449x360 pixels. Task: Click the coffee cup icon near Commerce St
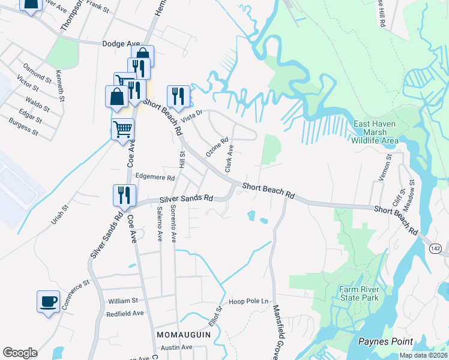coord(48,301)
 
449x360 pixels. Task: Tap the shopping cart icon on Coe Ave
coord(122,128)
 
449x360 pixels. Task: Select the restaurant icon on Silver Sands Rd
coord(125,195)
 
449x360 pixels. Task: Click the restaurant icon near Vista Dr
coord(178,96)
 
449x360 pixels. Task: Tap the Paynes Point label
coord(385,341)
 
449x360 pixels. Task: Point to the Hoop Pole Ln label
coord(248,301)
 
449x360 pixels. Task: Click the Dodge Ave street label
coord(121,44)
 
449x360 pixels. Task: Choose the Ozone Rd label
coord(217,148)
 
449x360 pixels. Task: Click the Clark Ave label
coord(229,157)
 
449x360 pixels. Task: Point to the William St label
coord(123,301)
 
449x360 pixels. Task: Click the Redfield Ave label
coord(125,314)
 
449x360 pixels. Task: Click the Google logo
coord(20,353)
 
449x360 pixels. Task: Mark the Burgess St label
coord(24,126)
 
